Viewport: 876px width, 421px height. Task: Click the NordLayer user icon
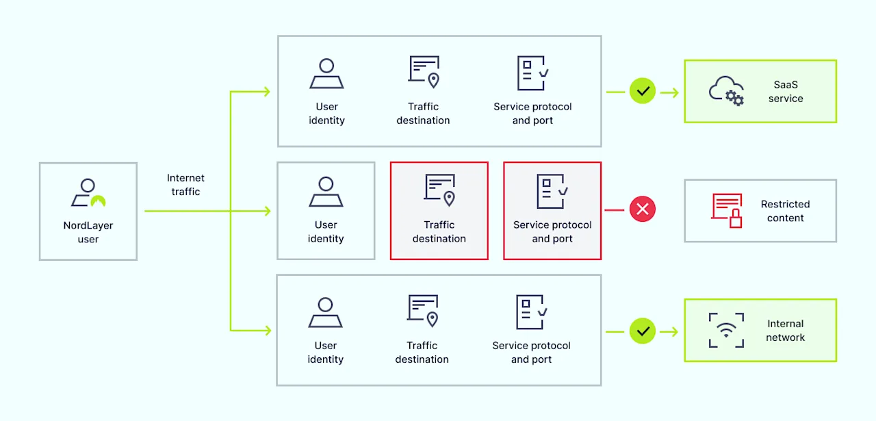pyautogui.click(x=88, y=194)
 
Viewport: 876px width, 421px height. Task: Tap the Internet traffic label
pyautogui.click(x=185, y=185)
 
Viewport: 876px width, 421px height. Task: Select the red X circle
pyautogui.click(x=642, y=209)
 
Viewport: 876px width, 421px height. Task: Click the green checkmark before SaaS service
pyautogui.click(x=642, y=90)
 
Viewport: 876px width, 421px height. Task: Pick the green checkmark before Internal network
pyautogui.click(x=642, y=331)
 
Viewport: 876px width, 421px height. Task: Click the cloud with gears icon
pyautogui.click(x=726, y=90)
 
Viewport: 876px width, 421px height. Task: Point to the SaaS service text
pyautogui.click(x=786, y=92)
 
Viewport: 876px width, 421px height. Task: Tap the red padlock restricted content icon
pyautogui.click(x=727, y=210)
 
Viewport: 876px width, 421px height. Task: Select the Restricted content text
pyautogui.click(x=785, y=211)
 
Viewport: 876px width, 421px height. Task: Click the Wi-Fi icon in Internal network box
pyautogui.click(x=726, y=330)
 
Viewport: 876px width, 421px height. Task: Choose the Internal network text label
pyautogui.click(x=786, y=331)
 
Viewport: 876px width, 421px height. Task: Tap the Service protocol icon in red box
pyautogui.click(x=552, y=191)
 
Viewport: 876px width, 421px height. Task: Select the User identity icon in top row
pyautogui.click(x=326, y=74)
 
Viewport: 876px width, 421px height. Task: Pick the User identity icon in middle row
pyautogui.click(x=326, y=192)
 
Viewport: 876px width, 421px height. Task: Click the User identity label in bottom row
pyautogui.click(x=326, y=353)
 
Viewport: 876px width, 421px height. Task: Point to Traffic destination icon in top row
pyautogui.click(x=424, y=72)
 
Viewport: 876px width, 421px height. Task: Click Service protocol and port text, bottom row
pyautogui.click(x=531, y=353)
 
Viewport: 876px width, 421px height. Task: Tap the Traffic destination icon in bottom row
pyautogui.click(x=423, y=311)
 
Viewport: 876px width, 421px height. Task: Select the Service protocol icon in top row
pyautogui.click(x=532, y=73)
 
